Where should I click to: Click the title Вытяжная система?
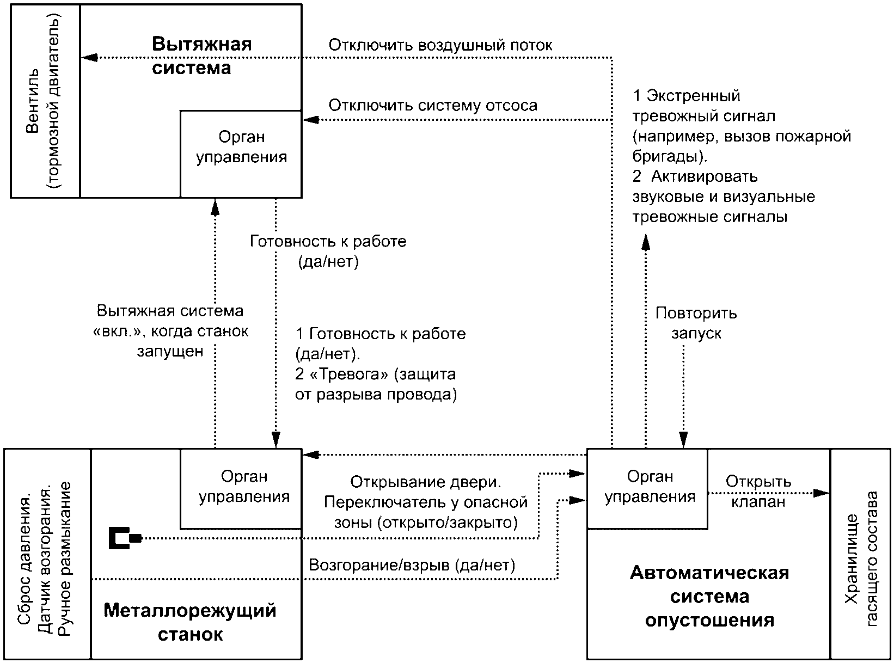coord(201,56)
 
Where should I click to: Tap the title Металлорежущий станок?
coord(190,622)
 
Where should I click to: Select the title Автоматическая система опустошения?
coord(709,596)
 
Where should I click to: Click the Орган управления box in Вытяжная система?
coord(241,154)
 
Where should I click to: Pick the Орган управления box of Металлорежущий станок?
coord(241,488)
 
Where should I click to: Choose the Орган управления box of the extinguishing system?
coord(647,488)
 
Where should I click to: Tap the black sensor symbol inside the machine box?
coord(125,538)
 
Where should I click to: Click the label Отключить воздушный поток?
coord(440,45)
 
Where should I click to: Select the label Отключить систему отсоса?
coord(433,105)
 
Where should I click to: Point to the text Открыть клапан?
coord(758,492)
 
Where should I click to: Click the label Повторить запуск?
coord(696,323)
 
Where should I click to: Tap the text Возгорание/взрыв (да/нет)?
coord(412,565)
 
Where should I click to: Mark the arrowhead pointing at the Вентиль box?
coord(89,58)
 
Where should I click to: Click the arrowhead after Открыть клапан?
coord(821,493)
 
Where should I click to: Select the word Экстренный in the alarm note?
coord(693,95)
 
